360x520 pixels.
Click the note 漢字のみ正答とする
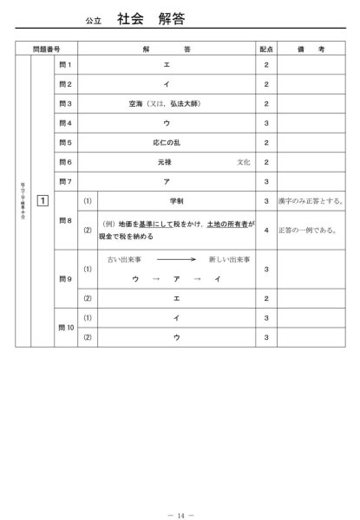(313, 201)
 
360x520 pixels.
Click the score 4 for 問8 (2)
(266, 230)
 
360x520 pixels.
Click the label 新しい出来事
(229, 259)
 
